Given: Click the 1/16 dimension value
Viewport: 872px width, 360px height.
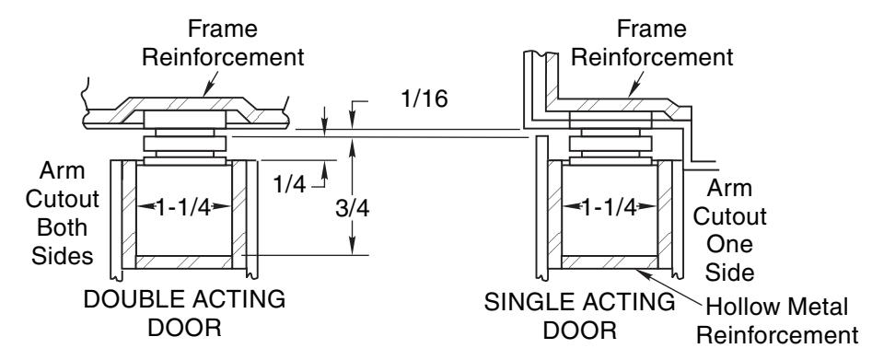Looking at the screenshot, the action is (x=424, y=99).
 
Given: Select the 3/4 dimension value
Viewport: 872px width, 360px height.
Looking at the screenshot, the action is (x=352, y=209).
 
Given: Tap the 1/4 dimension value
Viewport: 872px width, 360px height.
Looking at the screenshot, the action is (x=289, y=183).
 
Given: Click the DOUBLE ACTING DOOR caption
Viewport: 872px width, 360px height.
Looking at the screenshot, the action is (x=185, y=313).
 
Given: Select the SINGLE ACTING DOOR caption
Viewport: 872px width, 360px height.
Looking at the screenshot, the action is (x=579, y=317).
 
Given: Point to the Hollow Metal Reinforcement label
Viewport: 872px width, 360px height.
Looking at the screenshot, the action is (x=777, y=321).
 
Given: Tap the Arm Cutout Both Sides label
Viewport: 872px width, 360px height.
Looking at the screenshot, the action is (x=63, y=213).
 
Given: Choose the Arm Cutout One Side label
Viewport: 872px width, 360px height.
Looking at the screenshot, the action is (x=729, y=230).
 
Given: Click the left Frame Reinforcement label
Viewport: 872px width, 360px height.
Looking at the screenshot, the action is (x=223, y=43).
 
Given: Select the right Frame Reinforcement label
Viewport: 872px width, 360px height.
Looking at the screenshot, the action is (x=652, y=43).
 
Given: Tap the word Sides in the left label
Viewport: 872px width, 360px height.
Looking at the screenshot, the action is (x=63, y=255).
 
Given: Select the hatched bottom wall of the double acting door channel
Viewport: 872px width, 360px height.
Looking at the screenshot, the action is (x=183, y=262).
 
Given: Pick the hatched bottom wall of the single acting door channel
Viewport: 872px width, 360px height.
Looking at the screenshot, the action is (x=610, y=262).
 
